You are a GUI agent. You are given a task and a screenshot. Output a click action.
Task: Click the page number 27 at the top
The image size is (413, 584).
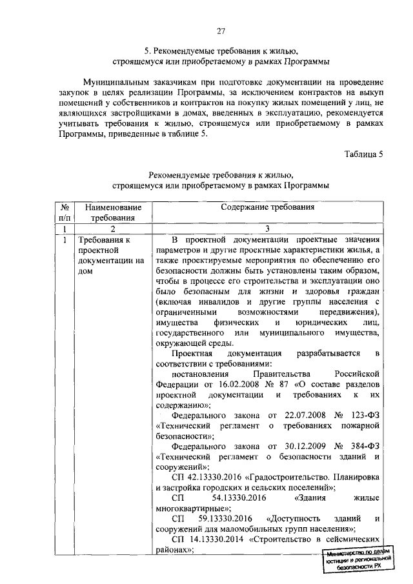pos(221,32)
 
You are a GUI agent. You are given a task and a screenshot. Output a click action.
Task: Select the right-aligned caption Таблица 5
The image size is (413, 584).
pos(364,154)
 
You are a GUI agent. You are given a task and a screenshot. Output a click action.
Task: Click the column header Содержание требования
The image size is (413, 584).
pos(267,208)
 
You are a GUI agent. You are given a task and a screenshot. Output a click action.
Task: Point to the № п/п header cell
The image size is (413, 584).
pos(65,213)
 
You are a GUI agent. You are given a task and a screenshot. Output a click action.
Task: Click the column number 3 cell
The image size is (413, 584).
pos(267,228)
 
